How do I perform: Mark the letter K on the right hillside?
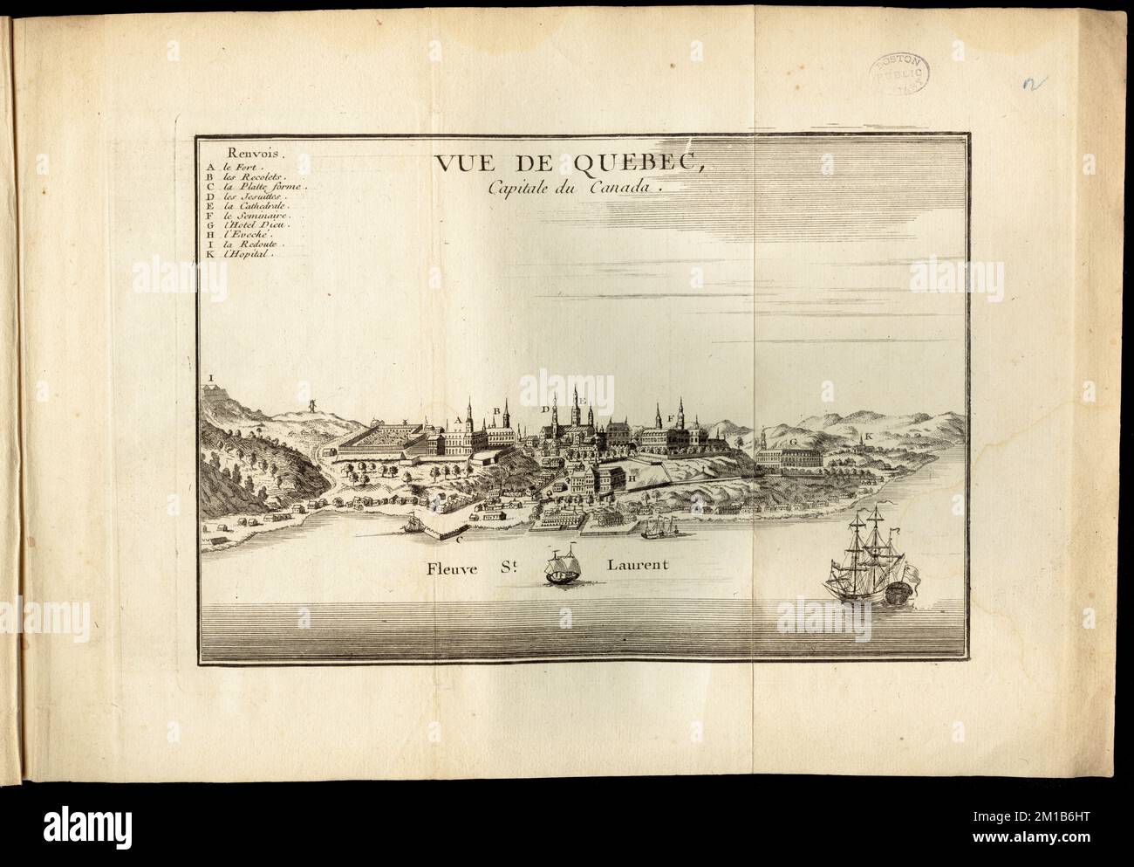coord(869,436)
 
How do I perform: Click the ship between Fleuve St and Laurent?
coord(564,568)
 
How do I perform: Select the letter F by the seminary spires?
coord(669,419)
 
